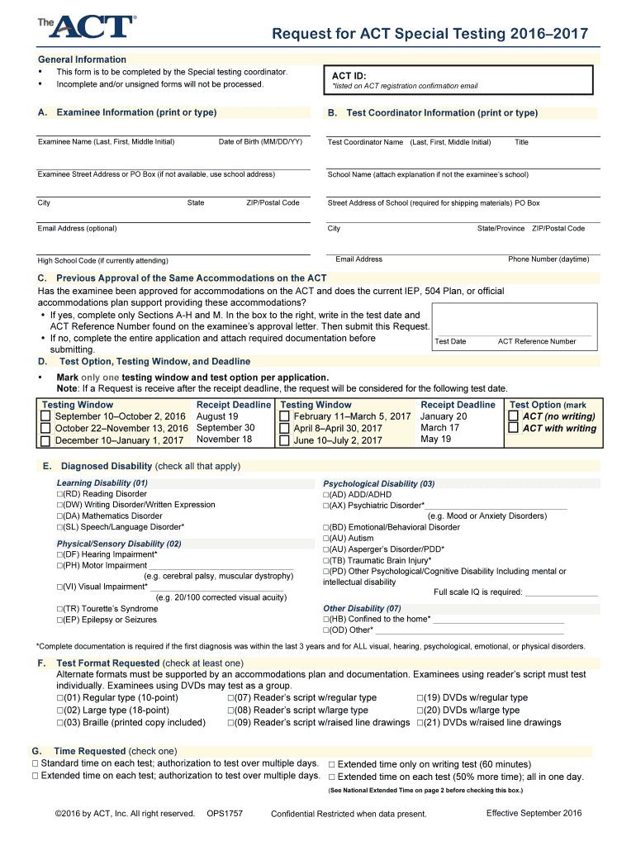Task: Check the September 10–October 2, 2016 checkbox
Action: tap(46, 416)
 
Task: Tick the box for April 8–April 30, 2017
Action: tap(284, 428)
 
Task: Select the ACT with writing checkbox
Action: tap(513, 428)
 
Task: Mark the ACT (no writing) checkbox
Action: tap(513, 416)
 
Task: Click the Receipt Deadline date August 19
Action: tap(216, 416)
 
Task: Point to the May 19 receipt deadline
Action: tap(435, 439)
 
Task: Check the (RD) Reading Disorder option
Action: tap(60, 494)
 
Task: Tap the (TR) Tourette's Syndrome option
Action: tap(60, 609)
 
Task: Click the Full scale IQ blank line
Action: tap(561, 592)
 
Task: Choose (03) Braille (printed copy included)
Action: tap(60, 722)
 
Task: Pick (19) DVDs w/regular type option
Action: tap(420, 698)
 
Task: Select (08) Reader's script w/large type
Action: tap(231, 711)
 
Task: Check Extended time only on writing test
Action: tap(332, 764)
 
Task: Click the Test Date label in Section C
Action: tap(450, 341)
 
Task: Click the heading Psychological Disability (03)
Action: tap(378, 483)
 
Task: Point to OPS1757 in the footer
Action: tap(225, 814)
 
